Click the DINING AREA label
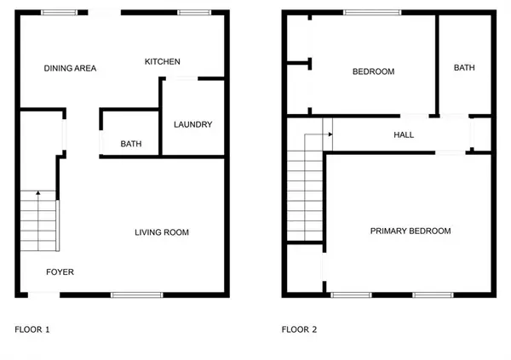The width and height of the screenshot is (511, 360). pos(70,68)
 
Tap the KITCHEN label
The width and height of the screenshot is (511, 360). pos(163,61)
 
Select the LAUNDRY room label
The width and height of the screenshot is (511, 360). pos(193,124)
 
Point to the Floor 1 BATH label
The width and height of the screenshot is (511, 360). pos(131,144)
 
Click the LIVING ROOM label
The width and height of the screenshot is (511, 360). pos(162,232)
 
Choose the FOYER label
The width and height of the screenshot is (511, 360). pos(60,272)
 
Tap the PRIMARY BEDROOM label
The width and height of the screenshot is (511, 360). pos(411,231)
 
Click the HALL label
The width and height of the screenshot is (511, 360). pos(404,134)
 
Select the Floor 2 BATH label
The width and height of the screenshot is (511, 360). pos(464,68)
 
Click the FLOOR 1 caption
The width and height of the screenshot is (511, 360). pos(32,329)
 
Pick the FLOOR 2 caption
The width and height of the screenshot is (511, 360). pos(299,329)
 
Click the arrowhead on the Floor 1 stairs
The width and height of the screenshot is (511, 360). pos(38,193)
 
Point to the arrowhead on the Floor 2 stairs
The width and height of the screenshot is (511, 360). pos(330,134)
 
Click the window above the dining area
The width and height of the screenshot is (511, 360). pos(60,13)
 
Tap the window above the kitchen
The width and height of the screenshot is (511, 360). pos(194,13)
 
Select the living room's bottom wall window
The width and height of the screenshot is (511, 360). pos(137,295)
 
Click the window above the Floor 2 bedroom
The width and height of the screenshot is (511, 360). pos(372,13)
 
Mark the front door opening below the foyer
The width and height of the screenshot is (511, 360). pos(44,295)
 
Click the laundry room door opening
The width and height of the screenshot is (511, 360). pos(182,78)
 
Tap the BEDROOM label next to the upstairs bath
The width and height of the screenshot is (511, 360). pos(374,71)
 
